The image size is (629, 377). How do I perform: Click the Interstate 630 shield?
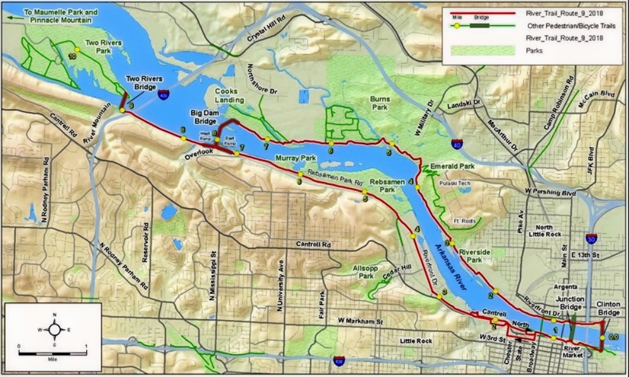click(x=339, y=361)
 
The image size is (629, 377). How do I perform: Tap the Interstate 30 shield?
click(x=591, y=239)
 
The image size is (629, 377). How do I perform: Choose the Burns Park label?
click(x=380, y=103)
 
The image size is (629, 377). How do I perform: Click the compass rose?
click(x=55, y=329)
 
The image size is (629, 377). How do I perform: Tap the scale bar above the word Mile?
click(x=52, y=353)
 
